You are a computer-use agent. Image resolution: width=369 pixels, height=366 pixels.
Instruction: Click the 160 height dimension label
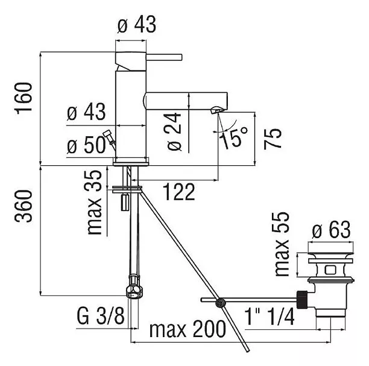click(x=24, y=98)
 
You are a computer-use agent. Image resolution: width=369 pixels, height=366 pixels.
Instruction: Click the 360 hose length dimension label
click(x=24, y=206)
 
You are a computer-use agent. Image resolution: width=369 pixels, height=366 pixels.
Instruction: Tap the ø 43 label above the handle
click(x=136, y=24)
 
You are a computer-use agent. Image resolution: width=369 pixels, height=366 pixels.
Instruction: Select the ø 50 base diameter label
click(x=86, y=145)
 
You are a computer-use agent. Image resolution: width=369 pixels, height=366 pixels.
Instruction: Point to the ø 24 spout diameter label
click(x=175, y=132)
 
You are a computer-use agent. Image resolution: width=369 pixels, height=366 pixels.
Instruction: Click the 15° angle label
click(x=234, y=137)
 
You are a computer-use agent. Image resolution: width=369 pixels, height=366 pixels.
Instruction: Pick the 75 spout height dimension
click(x=273, y=139)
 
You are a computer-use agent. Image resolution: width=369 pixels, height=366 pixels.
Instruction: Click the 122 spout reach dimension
click(x=179, y=192)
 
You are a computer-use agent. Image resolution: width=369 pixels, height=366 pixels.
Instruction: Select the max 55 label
click(x=282, y=244)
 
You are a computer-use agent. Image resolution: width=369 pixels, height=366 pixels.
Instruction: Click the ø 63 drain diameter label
click(x=332, y=230)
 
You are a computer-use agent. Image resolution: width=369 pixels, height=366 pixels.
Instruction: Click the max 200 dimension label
click(x=188, y=329)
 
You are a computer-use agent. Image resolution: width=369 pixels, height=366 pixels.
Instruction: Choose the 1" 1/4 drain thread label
click(x=270, y=317)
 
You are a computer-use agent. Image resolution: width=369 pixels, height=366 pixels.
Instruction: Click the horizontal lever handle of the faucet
click(x=164, y=57)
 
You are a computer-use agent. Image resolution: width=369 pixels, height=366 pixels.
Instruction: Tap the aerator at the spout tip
click(x=216, y=110)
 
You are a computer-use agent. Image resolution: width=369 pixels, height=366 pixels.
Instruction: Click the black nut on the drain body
click(x=302, y=300)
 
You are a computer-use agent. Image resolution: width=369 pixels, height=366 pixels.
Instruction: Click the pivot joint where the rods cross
click(x=220, y=302)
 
